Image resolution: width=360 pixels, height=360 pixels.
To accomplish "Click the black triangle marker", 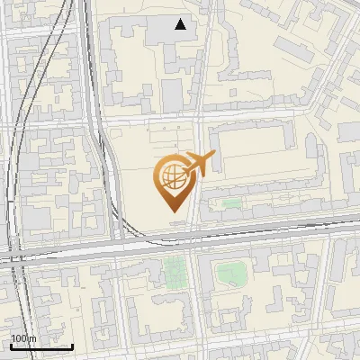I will click(x=182, y=24).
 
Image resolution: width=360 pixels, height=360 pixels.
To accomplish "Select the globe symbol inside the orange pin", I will click(x=172, y=175).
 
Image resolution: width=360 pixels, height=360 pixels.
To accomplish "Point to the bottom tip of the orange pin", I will click(x=172, y=213).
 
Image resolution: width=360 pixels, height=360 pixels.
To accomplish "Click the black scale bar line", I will click(x=41, y=346).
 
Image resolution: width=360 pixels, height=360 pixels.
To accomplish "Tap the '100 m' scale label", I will click(x=22, y=338).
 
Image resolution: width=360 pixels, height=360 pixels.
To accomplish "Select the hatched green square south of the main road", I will click(x=174, y=269).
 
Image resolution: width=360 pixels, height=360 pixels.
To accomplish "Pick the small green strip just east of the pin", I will click(x=231, y=203).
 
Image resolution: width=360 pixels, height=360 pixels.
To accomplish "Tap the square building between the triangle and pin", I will click(x=173, y=92).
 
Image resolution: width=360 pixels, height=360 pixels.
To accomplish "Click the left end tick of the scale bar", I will click(x=11, y=345).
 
